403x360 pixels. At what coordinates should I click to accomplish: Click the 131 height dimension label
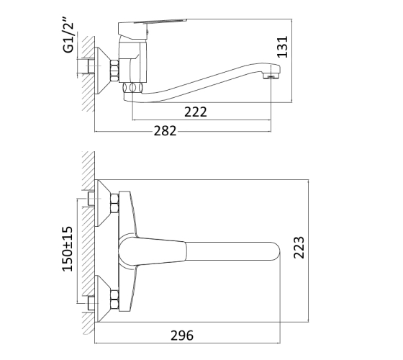click(x=282, y=47)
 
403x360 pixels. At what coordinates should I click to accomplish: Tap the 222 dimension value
click(x=196, y=112)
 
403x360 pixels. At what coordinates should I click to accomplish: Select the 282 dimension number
click(x=165, y=130)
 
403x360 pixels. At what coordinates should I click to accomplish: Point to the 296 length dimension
click(x=182, y=336)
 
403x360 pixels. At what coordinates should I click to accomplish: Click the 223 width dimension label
click(x=299, y=248)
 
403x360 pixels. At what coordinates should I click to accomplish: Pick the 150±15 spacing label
click(x=68, y=248)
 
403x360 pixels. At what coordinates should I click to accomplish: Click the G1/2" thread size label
click(x=68, y=35)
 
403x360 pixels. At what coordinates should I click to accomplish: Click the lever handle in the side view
click(x=152, y=27)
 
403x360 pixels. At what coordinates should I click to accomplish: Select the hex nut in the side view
click(x=114, y=71)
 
